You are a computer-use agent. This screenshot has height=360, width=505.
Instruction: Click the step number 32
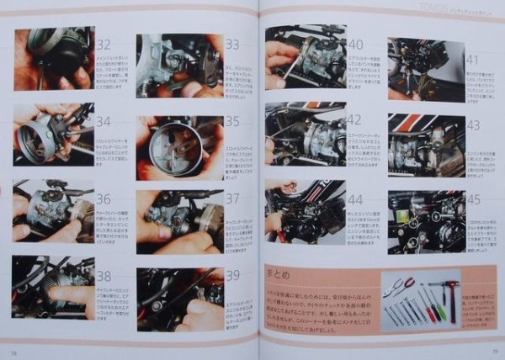(104, 45)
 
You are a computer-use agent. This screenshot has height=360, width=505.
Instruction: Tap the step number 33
(232, 45)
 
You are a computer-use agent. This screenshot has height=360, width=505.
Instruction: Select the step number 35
(232, 120)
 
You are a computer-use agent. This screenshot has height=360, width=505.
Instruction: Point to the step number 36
(104, 199)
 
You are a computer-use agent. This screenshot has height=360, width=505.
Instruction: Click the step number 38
(104, 275)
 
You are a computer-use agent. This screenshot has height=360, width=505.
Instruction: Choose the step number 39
(232, 275)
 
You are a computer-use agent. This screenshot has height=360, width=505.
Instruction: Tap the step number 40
(355, 44)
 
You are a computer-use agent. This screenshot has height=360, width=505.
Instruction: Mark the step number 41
(473, 61)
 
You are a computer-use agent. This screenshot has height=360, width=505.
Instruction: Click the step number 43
(473, 124)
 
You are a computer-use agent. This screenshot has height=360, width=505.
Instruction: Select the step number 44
(355, 200)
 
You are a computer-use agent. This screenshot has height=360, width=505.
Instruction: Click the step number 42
(355, 119)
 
